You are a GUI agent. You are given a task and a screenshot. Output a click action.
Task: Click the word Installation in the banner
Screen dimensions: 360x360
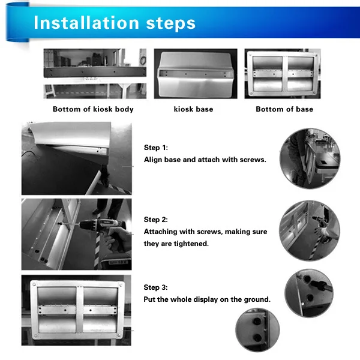(x=86, y=23)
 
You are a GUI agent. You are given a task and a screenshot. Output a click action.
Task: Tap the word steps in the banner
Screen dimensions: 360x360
(x=170, y=23)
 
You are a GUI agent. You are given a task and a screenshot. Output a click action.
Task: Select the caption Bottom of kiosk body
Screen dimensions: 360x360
(x=93, y=109)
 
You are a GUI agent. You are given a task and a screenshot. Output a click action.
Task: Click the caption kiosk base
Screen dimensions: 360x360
(x=193, y=109)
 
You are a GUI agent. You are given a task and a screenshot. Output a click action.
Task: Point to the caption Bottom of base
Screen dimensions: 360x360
(x=284, y=109)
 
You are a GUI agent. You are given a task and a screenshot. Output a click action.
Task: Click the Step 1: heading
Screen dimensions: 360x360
(x=156, y=148)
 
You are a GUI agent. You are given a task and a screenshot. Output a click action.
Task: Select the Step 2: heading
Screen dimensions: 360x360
(x=155, y=220)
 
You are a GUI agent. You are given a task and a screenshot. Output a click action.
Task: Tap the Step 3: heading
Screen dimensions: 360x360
(x=155, y=287)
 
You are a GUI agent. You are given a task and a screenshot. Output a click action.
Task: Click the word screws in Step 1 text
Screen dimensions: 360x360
(x=253, y=160)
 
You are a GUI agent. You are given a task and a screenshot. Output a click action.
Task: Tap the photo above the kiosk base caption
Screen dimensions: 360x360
(x=196, y=74)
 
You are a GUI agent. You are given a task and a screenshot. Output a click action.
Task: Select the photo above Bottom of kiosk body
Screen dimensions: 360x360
(x=95, y=74)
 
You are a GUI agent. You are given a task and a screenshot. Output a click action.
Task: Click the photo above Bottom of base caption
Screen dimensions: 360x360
(x=283, y=74)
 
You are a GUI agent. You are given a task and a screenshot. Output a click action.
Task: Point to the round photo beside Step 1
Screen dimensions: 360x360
(x=310, y=158)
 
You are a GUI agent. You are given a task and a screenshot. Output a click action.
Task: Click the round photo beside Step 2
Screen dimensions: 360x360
(x=310, y=230)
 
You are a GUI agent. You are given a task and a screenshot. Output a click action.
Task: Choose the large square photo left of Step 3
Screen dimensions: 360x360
(x=76, y=310)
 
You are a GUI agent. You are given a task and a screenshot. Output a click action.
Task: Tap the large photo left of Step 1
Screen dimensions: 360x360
(x=77, y=158)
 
